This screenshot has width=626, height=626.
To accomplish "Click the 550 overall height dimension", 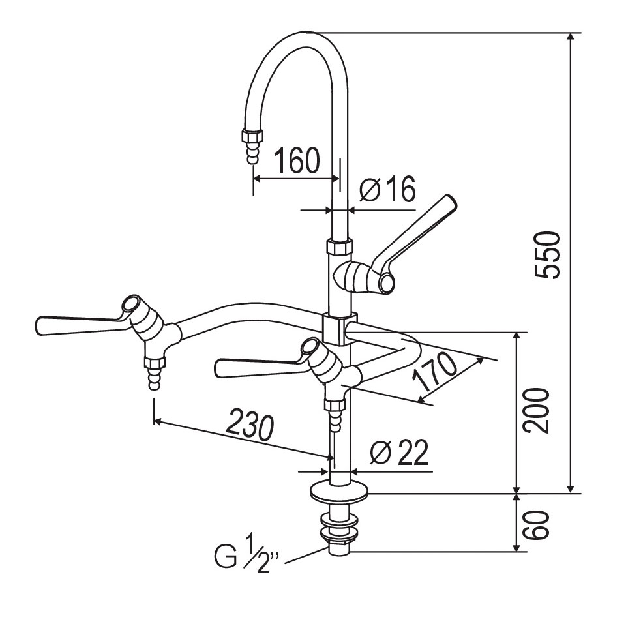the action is (x=548, y=254).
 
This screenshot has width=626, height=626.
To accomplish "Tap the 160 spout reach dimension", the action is (x=297, y=160).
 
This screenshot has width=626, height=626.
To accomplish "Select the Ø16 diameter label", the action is (x=387, y=189).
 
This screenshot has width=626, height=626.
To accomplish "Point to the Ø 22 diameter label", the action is (x=399, y=453).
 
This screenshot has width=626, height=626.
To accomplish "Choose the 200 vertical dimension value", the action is (x=537, y=410).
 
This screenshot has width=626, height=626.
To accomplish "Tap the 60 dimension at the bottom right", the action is (x=537, y=524).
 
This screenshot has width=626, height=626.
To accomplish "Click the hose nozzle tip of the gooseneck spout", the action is (x=252, y=152).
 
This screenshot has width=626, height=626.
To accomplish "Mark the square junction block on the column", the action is (x=340, y=329).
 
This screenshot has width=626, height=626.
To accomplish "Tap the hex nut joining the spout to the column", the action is (x=340, y=246).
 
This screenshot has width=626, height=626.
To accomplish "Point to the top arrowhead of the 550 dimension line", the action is (x=571, y=37).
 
